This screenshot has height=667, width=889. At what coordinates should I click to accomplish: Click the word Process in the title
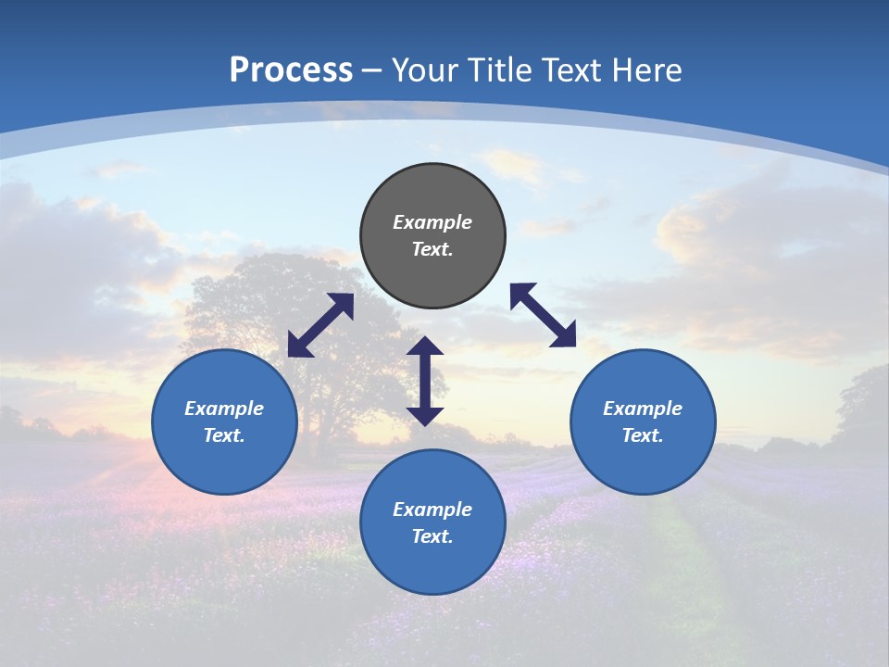point(291,70)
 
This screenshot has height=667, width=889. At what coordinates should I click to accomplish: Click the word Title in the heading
point(498,70)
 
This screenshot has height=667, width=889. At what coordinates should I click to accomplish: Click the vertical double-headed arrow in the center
point(425,381)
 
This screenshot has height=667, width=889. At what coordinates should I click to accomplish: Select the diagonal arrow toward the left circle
point(320,325)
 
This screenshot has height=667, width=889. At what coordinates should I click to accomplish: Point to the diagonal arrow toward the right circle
point(543,315)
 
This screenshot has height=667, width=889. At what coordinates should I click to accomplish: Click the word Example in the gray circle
point(432,222)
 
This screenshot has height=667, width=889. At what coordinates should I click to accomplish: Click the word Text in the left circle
point(224,435)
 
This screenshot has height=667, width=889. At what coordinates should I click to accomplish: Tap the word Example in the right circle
point(643,409)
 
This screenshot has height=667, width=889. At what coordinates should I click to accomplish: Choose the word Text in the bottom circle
point(432,536)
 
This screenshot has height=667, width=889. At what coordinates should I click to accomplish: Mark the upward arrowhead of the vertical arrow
point(425,346)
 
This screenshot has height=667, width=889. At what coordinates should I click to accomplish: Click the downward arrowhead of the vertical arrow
point(425,416)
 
